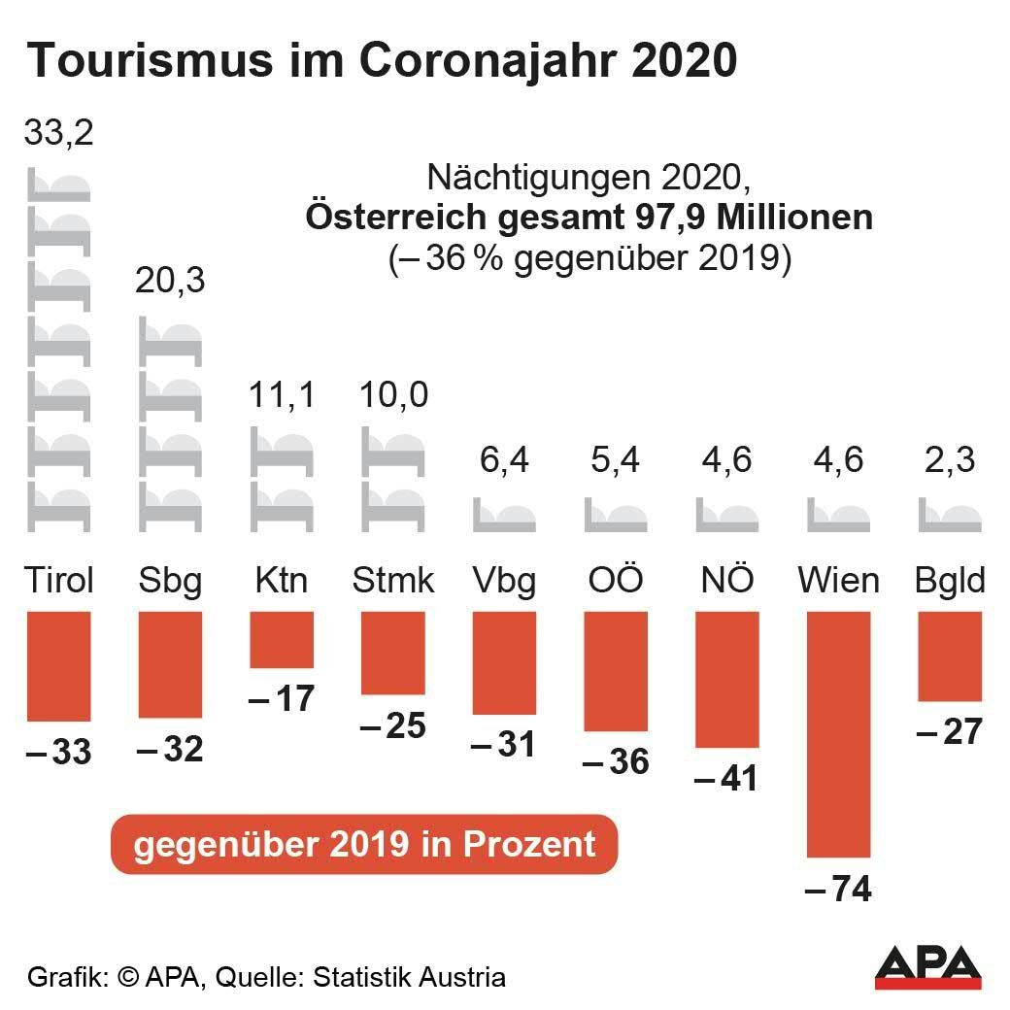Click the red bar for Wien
[x=839, y=734]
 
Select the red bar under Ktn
[x=282, y=640]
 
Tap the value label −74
[x=839, y=888]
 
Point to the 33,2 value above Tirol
[x=58, y=132]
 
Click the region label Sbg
[x=170, y=581]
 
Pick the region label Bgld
[x=950, y=581]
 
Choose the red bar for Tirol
[x=58, y=666]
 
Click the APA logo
[x=927, y=965]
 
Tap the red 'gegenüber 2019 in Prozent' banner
[x=364, y=843]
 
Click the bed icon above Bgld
[x=950, y=515]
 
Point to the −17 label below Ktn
[x=282, y=697]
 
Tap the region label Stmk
[x=392, y=581]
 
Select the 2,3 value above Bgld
[x=950, y=458]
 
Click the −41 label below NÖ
[x=726, y=779]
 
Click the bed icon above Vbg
[x=504, y=515]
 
